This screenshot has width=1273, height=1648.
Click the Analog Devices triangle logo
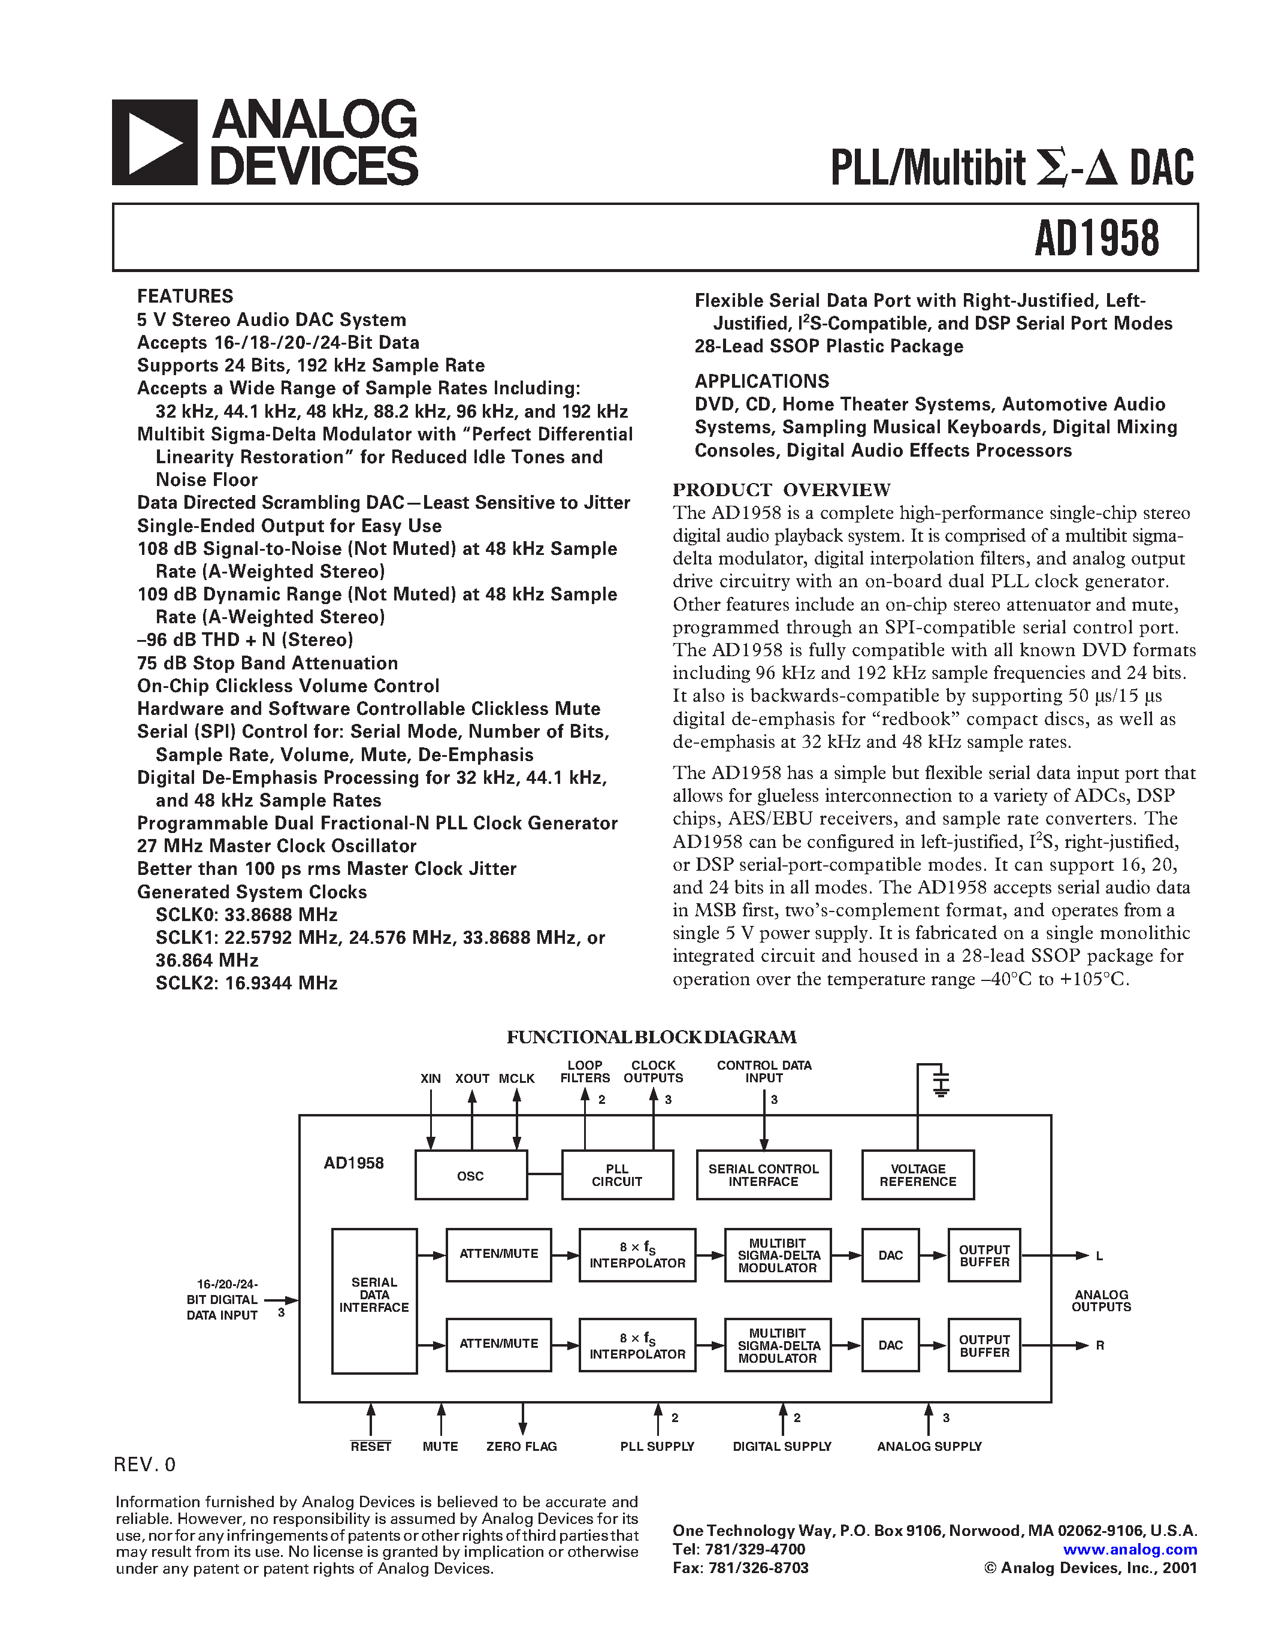[155, 143]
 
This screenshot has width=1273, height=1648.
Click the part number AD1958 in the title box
[1096, 239]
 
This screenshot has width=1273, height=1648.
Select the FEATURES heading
[185, 296]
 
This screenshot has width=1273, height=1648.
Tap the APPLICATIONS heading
[761, 381]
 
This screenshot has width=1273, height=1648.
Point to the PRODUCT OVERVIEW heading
[781, 490]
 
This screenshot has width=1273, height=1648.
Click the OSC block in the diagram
[471, 1176]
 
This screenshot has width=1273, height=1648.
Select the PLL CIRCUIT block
[617, 1176]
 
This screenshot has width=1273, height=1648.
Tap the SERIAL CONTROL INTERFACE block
[763, 1176]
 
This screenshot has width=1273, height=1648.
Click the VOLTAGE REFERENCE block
[918, 1176]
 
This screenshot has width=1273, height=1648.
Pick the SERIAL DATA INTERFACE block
[374, 1295]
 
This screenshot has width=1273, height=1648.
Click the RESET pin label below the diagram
[370, 1447]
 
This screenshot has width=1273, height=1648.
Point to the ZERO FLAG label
[521, 1447]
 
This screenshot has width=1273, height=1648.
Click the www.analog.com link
[1130, 1549]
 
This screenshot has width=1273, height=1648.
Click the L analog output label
[1099, 1256]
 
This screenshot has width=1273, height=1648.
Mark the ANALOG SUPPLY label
[929, 1447]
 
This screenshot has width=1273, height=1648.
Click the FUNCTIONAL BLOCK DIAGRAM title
[651, 1037]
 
